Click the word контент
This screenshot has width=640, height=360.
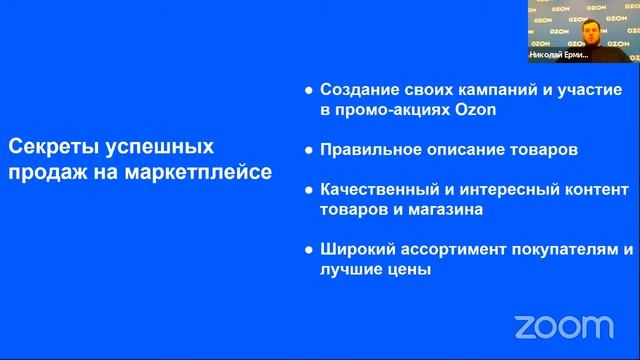point(590,189)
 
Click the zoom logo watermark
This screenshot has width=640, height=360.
point(563,326)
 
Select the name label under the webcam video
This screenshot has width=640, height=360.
point(582,56)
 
